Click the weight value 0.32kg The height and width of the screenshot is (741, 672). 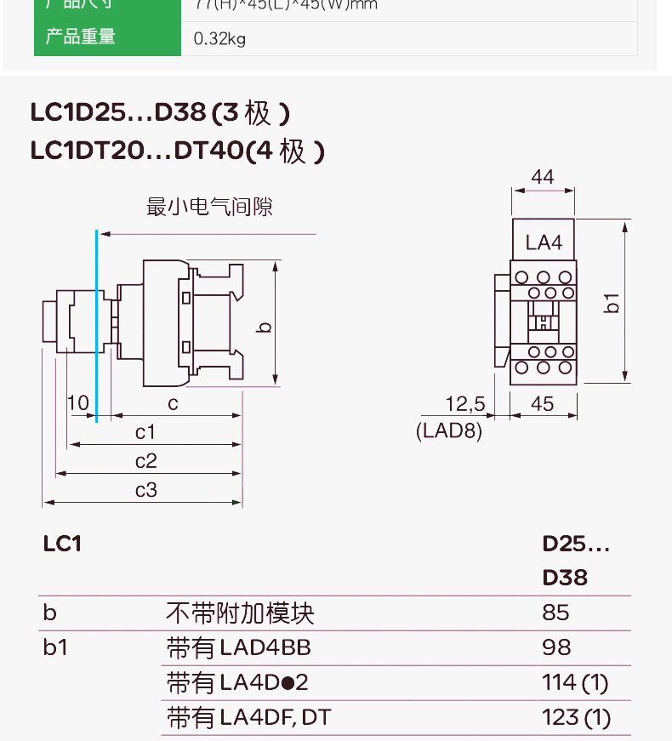[219, 38]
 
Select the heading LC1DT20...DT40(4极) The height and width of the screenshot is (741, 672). [178, 151]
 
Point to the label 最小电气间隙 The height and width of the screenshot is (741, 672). [210, 207]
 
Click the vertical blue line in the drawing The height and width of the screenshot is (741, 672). [97, 323]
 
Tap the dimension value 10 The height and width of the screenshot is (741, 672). [78, 402]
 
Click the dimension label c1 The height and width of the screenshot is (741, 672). [145, 432]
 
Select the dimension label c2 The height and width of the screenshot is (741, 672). [145, 461]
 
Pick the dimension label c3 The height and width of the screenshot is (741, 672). [145, 490]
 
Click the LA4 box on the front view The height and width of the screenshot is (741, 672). [544, 242]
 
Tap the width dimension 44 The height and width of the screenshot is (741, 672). [543, 177]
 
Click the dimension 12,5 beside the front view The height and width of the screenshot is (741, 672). [464, 402]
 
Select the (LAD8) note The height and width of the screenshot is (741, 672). [449, 431]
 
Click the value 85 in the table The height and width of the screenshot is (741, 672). [555, 613]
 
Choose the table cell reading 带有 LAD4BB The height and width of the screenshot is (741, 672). [239, 648]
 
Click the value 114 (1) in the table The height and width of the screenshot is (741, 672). [575, 682]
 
